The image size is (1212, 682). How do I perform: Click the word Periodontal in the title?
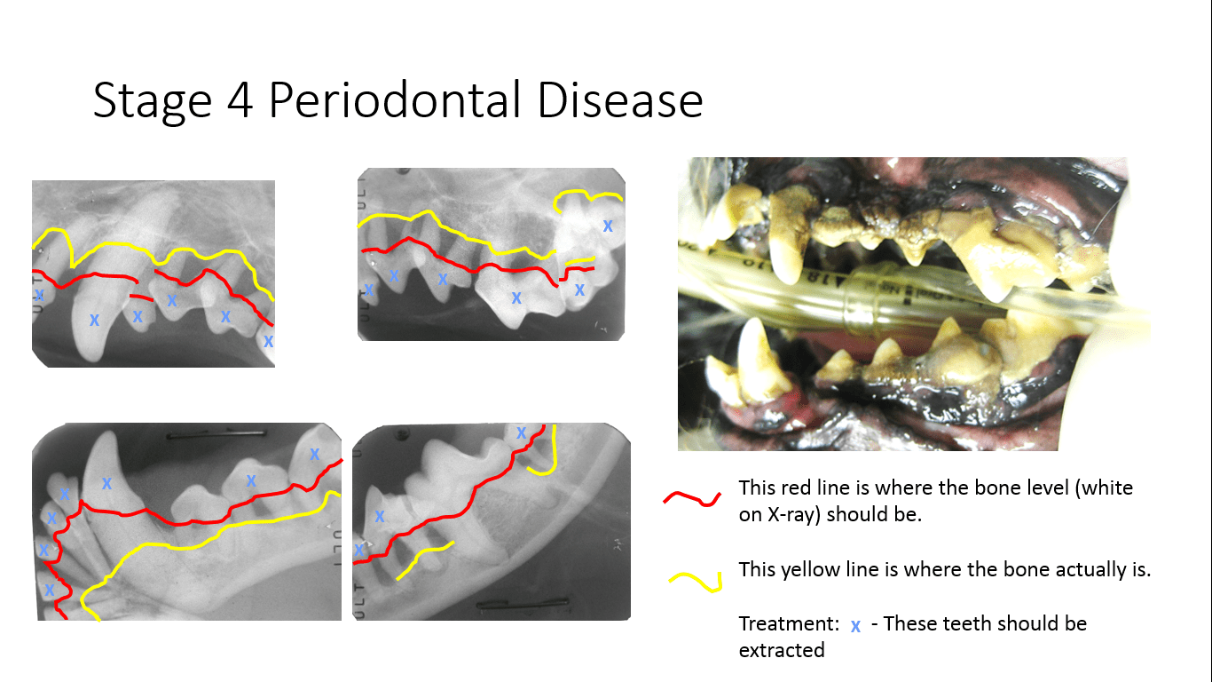pyautogui.click(x=396, y=100)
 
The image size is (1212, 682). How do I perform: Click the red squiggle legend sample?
pyautogui.click(x=692, y=499)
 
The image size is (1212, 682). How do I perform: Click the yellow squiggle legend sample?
pyautogui.click(x=694, y=580)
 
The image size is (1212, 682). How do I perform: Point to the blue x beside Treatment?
pyautogui.click(x=855, y=626)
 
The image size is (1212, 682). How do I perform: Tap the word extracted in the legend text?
pyautogui.click(x=782, y=650)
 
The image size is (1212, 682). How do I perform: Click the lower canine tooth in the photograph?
pyautogui.click(x=754, y=355)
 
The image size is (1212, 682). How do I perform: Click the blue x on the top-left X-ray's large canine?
pyautogui.click(x=94, y=319)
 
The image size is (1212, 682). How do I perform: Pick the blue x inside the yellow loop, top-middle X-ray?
pyautogui.click(x=608, y=226)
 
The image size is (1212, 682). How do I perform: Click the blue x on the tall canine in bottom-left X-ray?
pyautogui.click(x=106, y=483)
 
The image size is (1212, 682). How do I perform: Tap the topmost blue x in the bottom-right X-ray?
pyautogui.click(x=522, y=433)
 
